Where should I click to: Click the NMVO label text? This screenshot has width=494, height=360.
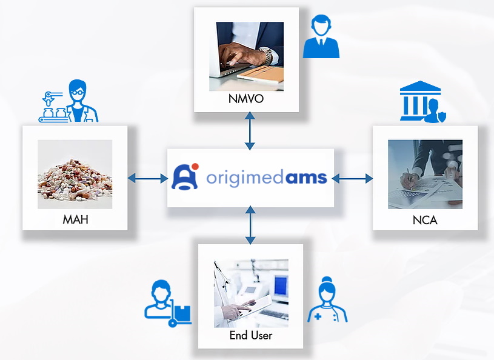[x=246, y=99]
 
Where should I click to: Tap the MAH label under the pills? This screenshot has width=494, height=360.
[x=75, y=219]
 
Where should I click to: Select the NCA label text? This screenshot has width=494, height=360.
[x=425, y=220]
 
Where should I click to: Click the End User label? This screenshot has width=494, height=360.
[x=251, y=335]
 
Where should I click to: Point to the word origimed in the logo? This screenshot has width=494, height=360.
[x=246, y=178]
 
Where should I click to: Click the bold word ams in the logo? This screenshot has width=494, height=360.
[x=306, y=178]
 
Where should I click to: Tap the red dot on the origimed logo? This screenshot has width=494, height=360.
[x=195, y=167]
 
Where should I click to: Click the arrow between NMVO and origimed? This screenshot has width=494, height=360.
[x=250, y=130]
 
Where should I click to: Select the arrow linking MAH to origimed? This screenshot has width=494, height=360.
[x=147, y=179]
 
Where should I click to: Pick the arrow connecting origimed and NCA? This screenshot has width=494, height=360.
[x=352, y=179]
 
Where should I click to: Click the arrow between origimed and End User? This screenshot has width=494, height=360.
[x=250, y=225]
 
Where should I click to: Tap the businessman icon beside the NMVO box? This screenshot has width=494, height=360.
[x=321, y=36]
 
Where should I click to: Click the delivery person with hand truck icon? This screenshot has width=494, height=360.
[x=168, y=303]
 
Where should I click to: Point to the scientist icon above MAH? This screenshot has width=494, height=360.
[x=68, y=101]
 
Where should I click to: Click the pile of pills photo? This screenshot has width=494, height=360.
[x=75, y=174]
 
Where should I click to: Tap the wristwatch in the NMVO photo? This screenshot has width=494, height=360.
[x=266, y=56]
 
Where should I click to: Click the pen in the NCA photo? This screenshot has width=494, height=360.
[x=409, y=178]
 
